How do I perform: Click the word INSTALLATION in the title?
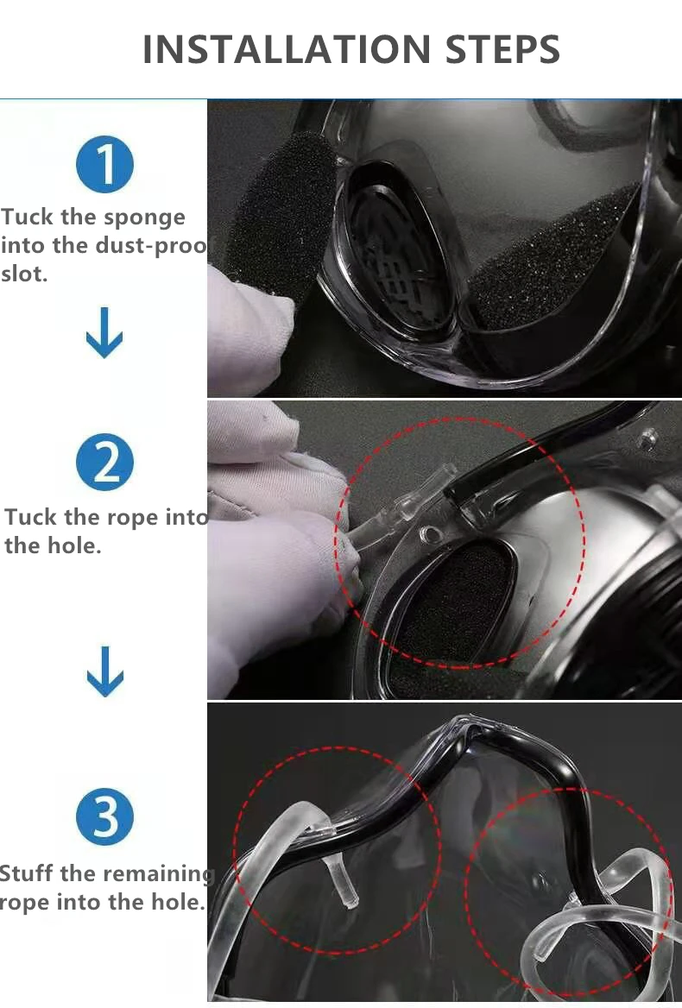tap(286, 49)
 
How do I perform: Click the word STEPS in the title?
tap(502, 49)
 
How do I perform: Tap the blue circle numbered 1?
tap(104, 164)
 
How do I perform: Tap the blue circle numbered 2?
tap(104, 462)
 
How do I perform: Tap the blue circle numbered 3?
tap(104, 816)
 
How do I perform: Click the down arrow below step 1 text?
tap(104, 332)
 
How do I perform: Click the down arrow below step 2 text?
tap(104, 671)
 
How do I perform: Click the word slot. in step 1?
tap(24, 274)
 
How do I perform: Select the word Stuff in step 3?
tap(27, 873)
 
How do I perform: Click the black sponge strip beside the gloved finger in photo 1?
tap(281, 205)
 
